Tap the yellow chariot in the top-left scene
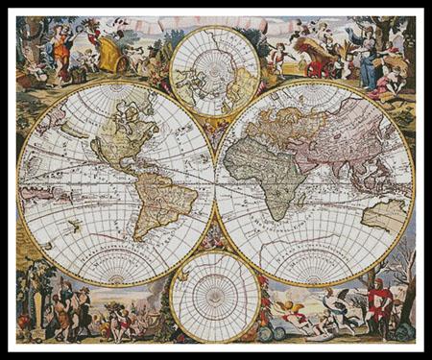[x=108, y=53]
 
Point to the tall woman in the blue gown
[x=366, y=53]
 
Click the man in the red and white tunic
[x=378, y=302]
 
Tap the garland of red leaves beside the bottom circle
[x=262, y=298]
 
